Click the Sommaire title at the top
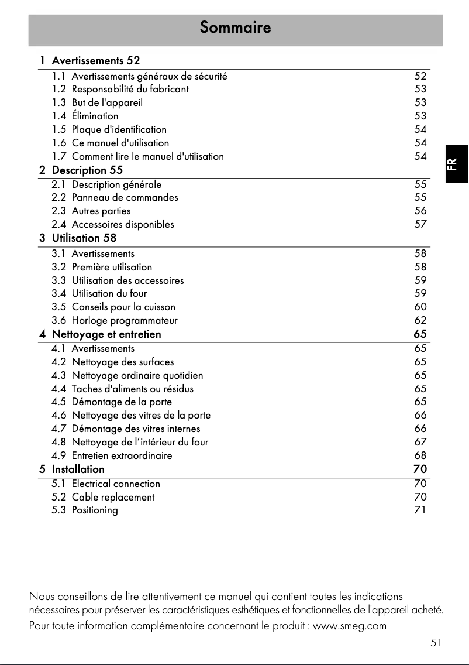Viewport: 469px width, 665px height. (235, 27)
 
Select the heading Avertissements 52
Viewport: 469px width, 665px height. (96, 60)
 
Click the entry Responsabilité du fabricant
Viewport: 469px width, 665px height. (130, 89)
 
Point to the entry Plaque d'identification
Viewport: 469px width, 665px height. (119, 129)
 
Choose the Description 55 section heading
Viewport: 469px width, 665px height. (87, 170)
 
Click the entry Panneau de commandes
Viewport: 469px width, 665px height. (125, 197)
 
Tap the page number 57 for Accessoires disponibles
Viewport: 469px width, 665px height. (420, 224)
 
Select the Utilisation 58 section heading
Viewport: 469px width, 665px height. (84, 238)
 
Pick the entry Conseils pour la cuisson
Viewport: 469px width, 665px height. (123, 307)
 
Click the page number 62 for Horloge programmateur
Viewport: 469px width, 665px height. (420, 320)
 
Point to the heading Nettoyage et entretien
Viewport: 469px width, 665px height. (106, 334)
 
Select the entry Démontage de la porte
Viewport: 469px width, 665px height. (122, 402)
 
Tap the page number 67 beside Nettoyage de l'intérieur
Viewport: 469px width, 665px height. (420, 442)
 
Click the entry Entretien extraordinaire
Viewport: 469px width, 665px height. (122, 455)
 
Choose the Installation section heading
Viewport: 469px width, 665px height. (78, 469)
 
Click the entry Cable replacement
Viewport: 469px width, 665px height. (113, 497)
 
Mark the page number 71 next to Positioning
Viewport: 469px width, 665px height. (420, 510)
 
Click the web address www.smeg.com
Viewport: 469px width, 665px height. (350, 626)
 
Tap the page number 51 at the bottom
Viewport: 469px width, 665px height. (436, 643)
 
